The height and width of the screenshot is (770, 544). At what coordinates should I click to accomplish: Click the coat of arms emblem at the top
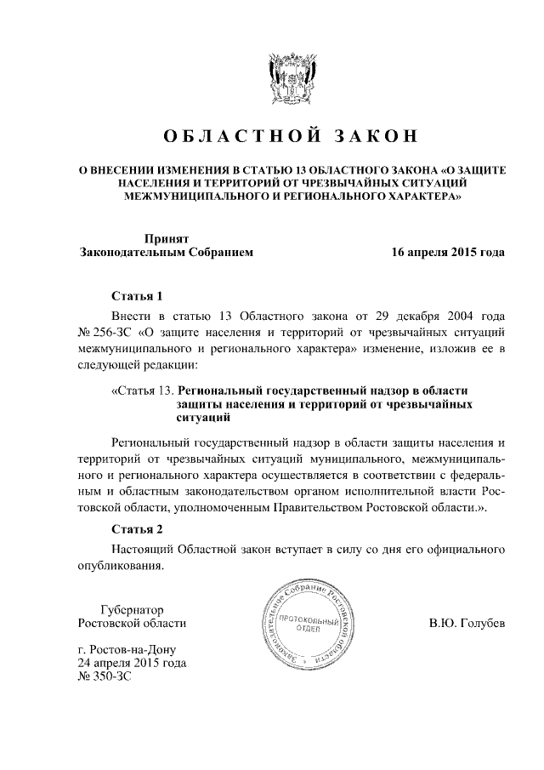292,81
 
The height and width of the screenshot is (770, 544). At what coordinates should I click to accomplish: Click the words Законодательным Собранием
166,253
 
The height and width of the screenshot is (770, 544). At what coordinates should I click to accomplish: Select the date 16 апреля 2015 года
448,253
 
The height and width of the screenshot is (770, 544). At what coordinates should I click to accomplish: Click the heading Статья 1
137,296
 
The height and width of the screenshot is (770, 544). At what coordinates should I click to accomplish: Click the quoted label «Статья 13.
142,391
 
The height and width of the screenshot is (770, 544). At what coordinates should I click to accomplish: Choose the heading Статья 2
137,528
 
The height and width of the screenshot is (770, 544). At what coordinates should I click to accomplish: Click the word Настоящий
147,550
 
